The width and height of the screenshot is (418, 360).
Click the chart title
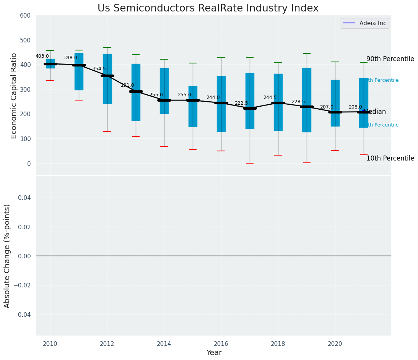[208, 8]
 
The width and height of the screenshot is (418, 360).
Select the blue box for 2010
[50, 63]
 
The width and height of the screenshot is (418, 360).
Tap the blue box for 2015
[193, 106]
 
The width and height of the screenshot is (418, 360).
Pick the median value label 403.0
[42, 57]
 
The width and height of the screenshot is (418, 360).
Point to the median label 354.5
[99, 69]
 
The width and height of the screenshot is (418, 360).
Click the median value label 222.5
[241, 104]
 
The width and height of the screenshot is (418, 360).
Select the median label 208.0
[355, 107]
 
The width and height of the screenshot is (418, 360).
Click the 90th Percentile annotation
[390, 59]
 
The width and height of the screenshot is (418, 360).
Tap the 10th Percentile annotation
[390, 159]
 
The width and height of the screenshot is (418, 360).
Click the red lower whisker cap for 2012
[107, 131]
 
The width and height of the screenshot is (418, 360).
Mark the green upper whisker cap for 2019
[307, 54]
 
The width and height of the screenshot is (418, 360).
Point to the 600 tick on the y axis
[25, 15]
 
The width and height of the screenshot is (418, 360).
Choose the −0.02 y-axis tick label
[23, 285]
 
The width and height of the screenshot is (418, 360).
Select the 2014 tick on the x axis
[164, 344]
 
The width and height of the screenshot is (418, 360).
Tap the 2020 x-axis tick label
[335, 344]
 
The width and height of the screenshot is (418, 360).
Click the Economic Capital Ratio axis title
[14, 96]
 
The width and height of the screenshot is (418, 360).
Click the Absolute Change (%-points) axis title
[7, 256]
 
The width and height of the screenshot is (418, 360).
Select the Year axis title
[214, 353]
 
